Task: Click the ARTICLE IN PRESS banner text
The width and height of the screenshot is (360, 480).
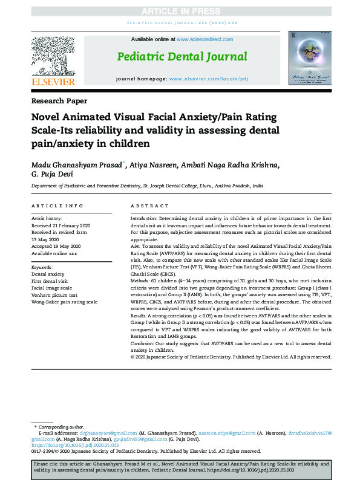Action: (x=180, y=11)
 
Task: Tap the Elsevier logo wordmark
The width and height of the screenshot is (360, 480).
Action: (x=53, y=81)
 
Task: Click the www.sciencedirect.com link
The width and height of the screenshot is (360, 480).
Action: (x=205, y=39)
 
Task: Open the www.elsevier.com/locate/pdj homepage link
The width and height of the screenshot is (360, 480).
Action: (x=208, y=79)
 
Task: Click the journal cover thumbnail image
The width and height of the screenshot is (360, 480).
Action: (x=309, y=58)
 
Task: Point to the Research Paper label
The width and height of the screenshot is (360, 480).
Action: (x=59, y=101)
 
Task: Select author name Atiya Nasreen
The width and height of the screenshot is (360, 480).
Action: (x=150, y=166)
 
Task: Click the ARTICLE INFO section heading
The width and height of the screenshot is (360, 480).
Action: (x=57, y=206)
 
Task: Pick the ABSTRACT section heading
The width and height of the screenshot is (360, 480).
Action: (x=149, y=206)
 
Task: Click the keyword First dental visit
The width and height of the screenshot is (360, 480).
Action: (x=53, y=281)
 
